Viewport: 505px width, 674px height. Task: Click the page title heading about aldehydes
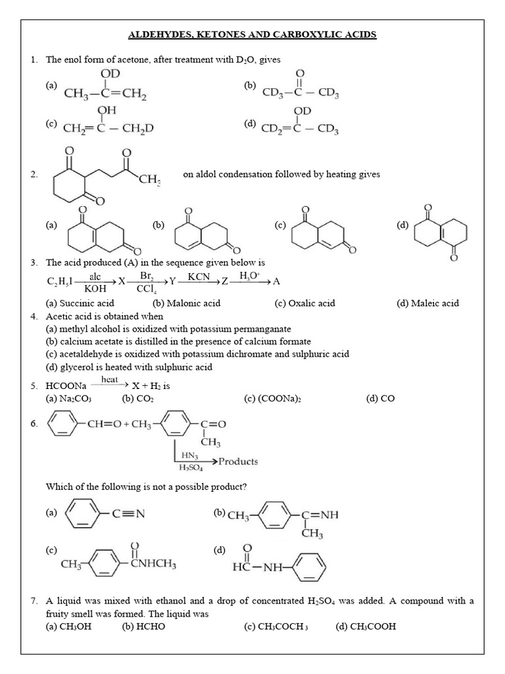(x=252, y=34)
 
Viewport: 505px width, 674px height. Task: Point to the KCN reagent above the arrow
(x=199, y=276)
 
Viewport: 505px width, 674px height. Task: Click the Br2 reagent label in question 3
(x=147, y=276)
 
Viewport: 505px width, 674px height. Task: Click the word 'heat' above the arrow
(x=110, y=380)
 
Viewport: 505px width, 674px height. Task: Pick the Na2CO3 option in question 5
(x=74, y=398)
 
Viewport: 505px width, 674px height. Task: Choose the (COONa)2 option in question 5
(x=272, y=398)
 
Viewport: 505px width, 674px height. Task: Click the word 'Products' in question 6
(x=238, y=461)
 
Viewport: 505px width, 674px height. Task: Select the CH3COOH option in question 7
(x=366, y=626)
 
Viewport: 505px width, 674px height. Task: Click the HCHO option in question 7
(x=143, y=626)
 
